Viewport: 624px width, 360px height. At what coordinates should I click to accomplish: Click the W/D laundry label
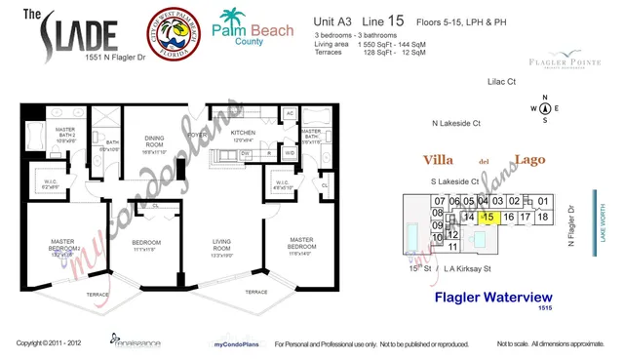click(x=290, y=153)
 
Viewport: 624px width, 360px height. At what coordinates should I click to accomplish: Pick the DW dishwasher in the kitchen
click(x=246, y=154)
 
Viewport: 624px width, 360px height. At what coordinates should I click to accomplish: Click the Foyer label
click(x=197, y=136)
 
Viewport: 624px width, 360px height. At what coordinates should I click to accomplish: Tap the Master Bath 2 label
click(x=65, y=135)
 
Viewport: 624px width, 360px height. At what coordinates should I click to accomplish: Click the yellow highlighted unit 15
click(x=490, y=217)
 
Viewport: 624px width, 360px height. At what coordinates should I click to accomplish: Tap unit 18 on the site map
click(x=543, y=217)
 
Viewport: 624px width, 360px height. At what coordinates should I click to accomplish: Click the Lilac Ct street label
click(x=501, y=83)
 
